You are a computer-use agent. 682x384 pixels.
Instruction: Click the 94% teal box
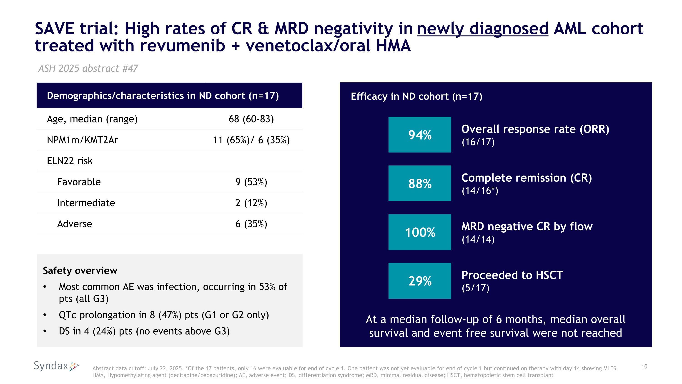pyautogui.click(x=420, y=135)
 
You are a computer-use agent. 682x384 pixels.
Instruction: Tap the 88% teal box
pyautogui.click(x=420, y=183)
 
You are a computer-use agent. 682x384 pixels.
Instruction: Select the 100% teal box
pyautogui.click(x=420, y=232)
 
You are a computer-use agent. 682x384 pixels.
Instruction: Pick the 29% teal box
pyautogui.click(x=420, y=281)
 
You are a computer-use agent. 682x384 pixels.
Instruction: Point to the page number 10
pyautogui.click(x=644, y=366)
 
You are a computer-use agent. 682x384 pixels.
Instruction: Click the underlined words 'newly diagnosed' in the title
pyautogui.click(x=482, y=29)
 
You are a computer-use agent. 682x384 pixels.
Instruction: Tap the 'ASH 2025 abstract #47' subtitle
pyautogui.click(x=88, y=68)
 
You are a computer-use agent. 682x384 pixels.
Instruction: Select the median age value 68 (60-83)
pyautogui.click(x=251, y=119)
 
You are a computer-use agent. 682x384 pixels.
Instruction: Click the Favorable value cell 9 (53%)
pyautogui.click(x=251, y=182)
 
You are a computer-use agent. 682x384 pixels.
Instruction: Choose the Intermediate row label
pyautogui.click(x=86, y=203)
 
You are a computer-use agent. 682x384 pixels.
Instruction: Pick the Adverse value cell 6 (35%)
pyautogui.click(x=251, y=224)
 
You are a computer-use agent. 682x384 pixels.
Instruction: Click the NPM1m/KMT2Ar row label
pyautogui.click(x=82, y=140)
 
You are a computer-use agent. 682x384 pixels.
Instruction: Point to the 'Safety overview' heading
pyautogui.click(x=80, y=271)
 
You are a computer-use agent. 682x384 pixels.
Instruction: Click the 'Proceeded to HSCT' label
pyautogui.click(x=512, y=275)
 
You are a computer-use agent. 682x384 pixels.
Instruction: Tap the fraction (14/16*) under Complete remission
pyautogui.click(x=480, y=191)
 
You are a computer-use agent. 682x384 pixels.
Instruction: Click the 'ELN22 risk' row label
pyautogui.click(x=70, y=161)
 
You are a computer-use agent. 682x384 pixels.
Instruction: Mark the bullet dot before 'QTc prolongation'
pyautogui.click(x=45, y=315)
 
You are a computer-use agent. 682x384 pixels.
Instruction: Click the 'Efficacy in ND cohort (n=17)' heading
pyautogui.click(x=416, y=97)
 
